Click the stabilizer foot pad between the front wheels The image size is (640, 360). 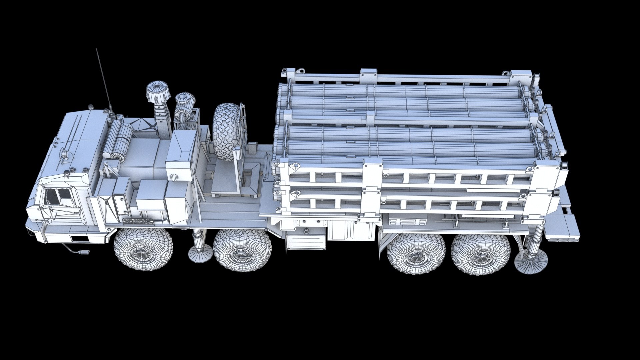pos(200,254)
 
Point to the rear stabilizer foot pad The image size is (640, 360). pos(531,258)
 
